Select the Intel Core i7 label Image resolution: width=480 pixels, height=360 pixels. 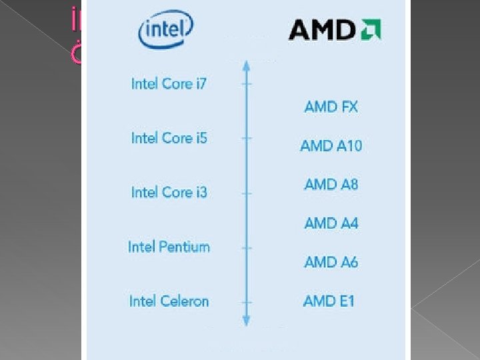pos(169,83)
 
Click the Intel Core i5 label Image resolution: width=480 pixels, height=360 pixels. pos(169,138)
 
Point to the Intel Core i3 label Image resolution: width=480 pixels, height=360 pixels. pos(169,192)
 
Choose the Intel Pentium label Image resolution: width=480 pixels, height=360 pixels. pos(169,247)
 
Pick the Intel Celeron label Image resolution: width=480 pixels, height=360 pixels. pos(169,301)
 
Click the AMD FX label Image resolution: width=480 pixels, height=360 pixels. pos(331,106)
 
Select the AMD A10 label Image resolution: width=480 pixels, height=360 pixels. pos(331,145)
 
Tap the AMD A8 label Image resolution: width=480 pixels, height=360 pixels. pos(331,184)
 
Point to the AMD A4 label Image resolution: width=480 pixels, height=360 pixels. pos(331,223)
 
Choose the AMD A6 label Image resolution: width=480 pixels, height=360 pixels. pos(331,262)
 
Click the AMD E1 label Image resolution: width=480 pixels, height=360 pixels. pos(329,301)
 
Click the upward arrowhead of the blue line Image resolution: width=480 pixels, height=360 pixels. pos(246,65)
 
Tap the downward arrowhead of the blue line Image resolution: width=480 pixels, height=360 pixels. pos(246,321)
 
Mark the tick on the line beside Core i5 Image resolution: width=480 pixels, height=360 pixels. pos(246,139)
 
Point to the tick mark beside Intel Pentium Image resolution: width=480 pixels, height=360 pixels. pos(246,247)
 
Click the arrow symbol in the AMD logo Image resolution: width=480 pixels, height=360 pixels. pos(371,30)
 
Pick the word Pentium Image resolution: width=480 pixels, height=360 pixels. pos(183,247)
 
